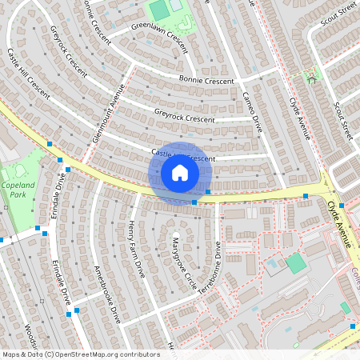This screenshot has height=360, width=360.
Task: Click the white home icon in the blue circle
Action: click(179, 172)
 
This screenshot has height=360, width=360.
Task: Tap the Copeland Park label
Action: click(17, 189)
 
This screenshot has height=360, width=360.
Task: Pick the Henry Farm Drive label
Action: click(137, 244)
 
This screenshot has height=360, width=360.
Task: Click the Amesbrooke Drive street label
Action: click(107, 294)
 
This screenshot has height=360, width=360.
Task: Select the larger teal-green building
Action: click(296, 263)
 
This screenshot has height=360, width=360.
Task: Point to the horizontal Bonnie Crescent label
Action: click(206, 81)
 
